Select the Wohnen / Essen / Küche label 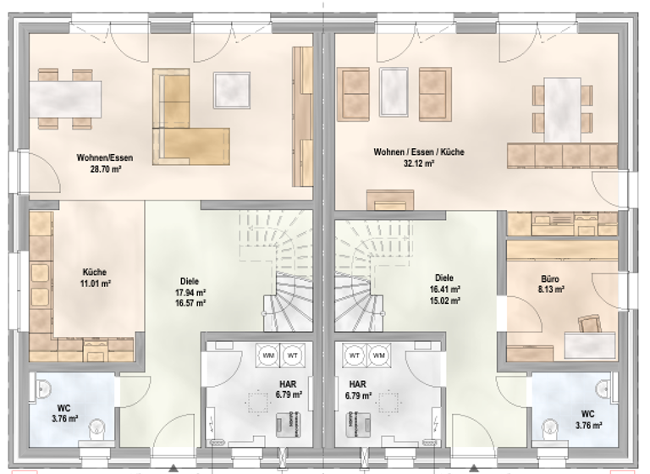click(419, 152)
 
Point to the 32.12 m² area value click(419, 164)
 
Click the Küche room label click(95, 272)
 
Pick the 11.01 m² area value click(95, 284)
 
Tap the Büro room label click(550, 278)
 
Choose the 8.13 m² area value click(551, 289)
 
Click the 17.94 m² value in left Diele click(190, 292)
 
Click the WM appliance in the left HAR click(270, 354)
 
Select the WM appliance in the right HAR click(378, 354)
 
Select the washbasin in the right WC click(602, 389)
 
